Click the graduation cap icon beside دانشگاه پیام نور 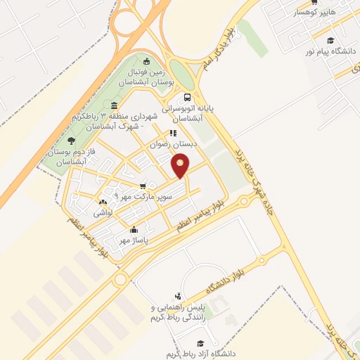[330, 41]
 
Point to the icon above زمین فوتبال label [146, 60]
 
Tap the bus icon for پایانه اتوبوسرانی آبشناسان [187, 98]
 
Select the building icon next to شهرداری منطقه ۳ [115, 105]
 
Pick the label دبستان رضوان [173, 143]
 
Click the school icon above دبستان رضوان [173, 132]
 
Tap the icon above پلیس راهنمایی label [179, 297]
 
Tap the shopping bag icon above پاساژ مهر [135, 229]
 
